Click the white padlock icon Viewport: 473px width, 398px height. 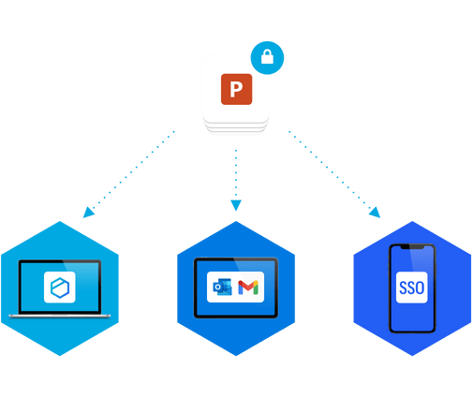267,56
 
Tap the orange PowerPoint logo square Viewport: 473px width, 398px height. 236,89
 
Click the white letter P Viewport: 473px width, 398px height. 236,89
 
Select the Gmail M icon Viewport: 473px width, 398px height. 248,287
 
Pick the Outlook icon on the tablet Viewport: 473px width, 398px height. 222,287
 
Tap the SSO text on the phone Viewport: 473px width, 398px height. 411,287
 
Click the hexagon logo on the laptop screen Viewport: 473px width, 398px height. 60,287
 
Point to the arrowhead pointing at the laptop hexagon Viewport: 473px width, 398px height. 88,212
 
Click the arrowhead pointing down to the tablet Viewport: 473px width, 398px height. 236,205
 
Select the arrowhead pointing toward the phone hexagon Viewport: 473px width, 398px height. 375,213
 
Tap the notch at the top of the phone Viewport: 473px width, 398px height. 412,247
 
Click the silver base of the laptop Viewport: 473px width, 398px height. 60,316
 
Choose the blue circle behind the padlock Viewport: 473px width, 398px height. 267,58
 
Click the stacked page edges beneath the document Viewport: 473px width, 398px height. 236,126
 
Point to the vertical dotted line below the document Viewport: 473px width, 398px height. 236,174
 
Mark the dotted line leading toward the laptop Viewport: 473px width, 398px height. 134,170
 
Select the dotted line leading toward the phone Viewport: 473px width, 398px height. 330,170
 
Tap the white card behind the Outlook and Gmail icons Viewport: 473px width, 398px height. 235,287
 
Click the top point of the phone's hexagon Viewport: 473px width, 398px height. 412,221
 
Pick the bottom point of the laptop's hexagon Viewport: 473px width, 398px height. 60,356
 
